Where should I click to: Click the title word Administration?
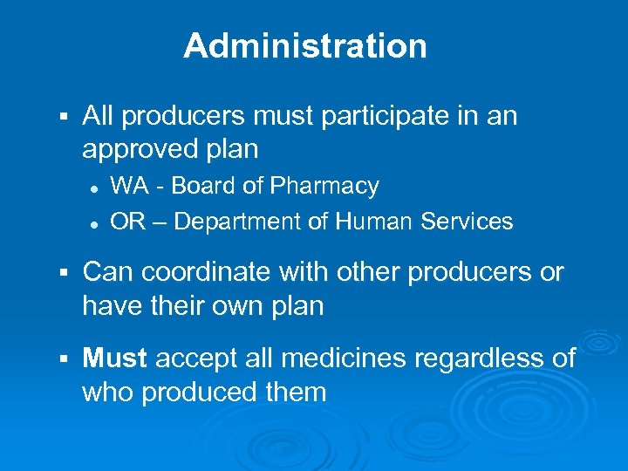coord(305,46)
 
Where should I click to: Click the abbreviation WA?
coord(129,186)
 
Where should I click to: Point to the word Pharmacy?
coord(324,186)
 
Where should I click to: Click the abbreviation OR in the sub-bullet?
coord(128,222)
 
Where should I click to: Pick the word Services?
coord(467,222)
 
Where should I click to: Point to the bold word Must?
coord(116,358)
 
